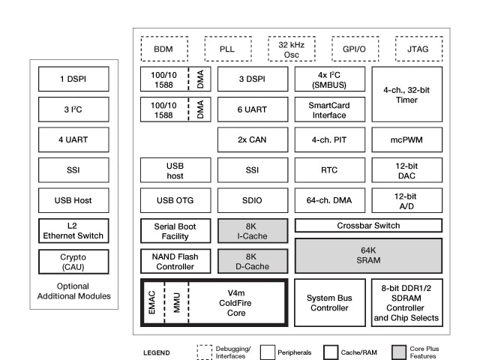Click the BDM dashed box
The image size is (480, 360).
point(163,48)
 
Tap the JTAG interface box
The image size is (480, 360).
point(418,48)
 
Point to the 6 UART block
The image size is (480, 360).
point(252,109)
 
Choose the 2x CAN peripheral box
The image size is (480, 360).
point(252,139)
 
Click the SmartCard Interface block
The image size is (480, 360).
point(329,109)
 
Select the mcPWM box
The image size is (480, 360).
point(406,139)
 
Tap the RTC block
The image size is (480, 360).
point(329,170)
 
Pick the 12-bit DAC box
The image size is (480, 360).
point(406,170)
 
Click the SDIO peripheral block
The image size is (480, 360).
point(252,200)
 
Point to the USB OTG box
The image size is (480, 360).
point(175,200)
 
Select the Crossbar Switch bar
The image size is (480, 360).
point(367,226)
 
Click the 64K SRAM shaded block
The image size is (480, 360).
point(367,255)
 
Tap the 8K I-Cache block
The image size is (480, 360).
point(252,231)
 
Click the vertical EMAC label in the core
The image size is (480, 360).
point(151,302)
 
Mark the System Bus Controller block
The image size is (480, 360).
point(329,302)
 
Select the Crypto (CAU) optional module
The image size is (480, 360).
point(73,261)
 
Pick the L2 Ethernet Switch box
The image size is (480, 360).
point(73,230)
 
